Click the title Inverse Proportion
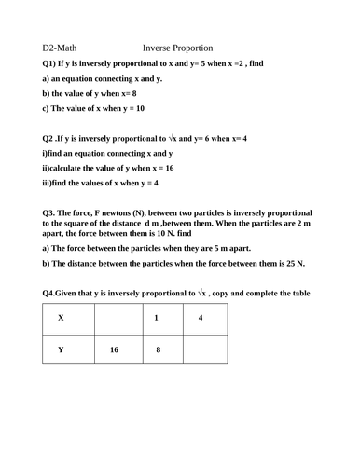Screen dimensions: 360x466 [179, 48]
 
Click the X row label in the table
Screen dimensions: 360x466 [62, 318]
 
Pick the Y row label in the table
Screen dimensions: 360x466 [62, 350]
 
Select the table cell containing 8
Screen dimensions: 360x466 [158, 350]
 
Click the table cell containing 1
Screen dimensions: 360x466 [158, 318]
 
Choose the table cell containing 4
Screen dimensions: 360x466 [201, 318]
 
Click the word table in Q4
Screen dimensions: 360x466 [297, 295]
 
